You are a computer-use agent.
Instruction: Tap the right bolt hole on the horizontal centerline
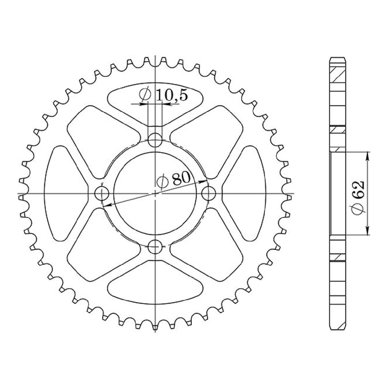[x=209, y=193]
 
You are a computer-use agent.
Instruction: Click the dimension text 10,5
[x=172, y=95]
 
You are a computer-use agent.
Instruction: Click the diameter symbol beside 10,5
[x=145, y=95]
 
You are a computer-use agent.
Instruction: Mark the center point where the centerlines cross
[x=155, y=193]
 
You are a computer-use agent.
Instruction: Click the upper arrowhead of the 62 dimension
[x=368, y=155]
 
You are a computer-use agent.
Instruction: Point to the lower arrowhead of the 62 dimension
[x=368, y=232]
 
